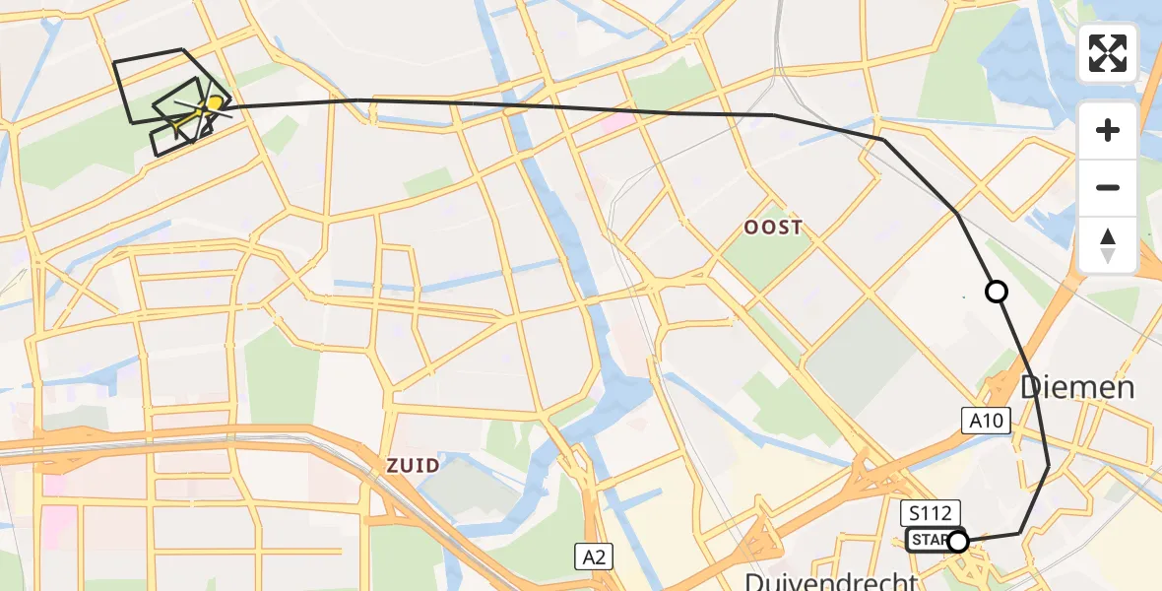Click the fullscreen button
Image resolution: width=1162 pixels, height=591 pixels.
[1108, 53]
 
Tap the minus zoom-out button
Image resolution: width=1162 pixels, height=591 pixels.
[1108, 187]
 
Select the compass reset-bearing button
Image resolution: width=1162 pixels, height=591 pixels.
[1108, 245]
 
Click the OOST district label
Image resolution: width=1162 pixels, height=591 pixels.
[772, 228]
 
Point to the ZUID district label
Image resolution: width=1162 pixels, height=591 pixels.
[413, 463]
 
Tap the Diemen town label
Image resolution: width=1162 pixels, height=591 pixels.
[1077, 387]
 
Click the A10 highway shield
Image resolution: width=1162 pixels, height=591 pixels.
[986, 421]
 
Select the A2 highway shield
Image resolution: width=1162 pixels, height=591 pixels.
[594, 557]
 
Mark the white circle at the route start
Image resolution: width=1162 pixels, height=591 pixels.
[957, 541]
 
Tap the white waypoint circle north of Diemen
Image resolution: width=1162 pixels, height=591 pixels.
[997, 292]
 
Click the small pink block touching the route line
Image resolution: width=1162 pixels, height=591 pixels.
[617, 122]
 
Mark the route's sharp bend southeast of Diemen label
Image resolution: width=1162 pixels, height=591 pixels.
[1048, 466]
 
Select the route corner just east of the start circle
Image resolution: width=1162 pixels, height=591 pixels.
[1019, 533]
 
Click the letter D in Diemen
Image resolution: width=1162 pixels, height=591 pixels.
[1031, 387]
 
